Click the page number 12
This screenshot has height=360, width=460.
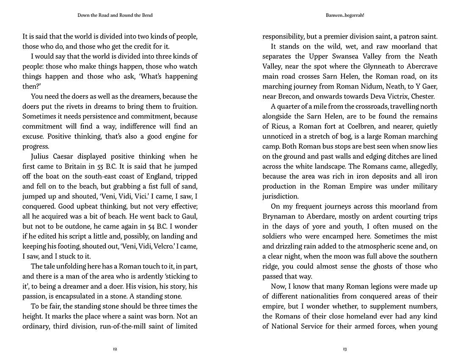click(x=115, y=349)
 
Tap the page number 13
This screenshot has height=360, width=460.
click(x=345, y=349)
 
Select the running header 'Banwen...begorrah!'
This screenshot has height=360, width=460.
click(x=345, y=16)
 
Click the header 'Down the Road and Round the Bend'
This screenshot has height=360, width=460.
click(x=115, y=16)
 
